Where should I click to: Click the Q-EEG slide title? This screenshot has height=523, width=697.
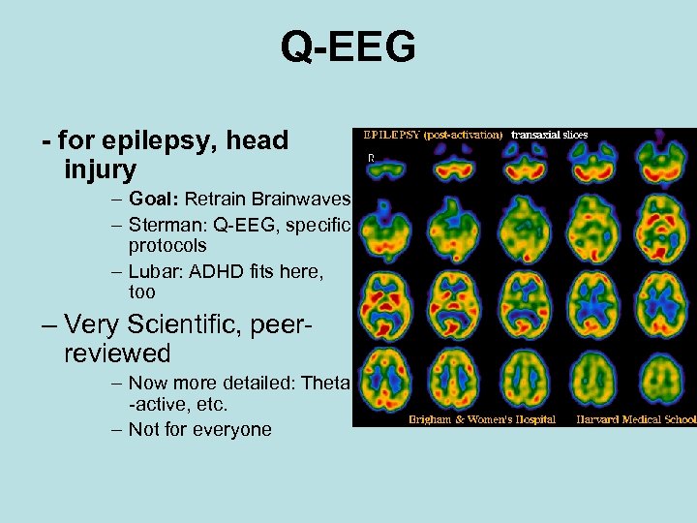tap(348, 46)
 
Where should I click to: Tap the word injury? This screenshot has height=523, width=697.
tap(100, 170)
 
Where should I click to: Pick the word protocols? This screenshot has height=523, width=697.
tap(167, 246)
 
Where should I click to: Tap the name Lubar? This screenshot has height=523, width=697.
tap(156, 272)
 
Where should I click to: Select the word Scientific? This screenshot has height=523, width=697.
tap(224, 324)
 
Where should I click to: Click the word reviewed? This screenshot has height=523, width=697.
tap(117, 354)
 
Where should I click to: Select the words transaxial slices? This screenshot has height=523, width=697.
tap(549, 135)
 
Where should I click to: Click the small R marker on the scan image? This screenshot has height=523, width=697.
tap(369, 156)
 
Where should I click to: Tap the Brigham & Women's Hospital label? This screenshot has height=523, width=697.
tap(482, 420)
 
